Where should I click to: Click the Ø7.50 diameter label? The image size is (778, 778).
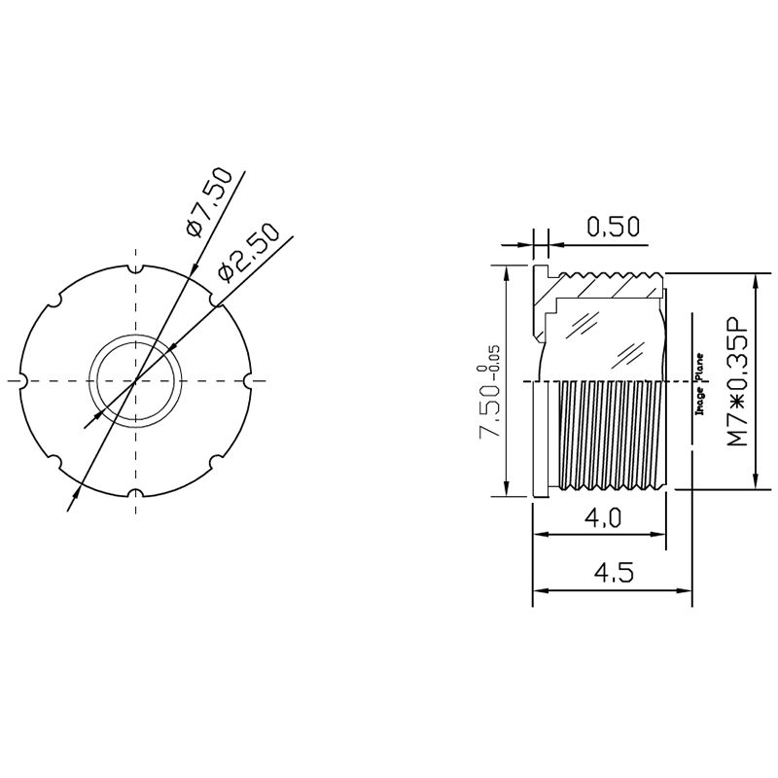click(x=209, y=202)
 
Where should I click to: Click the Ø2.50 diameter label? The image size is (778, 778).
click(x=249, y=252)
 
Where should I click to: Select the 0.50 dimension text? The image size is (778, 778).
click(x=614, y=227)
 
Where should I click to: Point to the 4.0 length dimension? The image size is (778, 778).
click(x=602, y=518)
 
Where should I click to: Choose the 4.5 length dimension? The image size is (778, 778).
click(x=614, y=574)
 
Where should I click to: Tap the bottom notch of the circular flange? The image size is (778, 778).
click(x=135, y=493)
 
